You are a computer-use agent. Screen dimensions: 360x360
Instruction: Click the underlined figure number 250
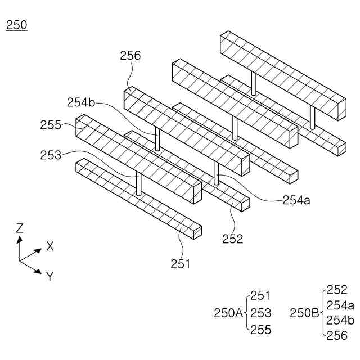click(x=16, y=25)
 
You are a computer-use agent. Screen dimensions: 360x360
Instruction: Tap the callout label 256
click(x=130, y=55)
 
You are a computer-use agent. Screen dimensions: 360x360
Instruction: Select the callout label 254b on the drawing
click(x=81, y=102)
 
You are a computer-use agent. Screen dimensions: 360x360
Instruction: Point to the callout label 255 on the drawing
click(x=51, y=125)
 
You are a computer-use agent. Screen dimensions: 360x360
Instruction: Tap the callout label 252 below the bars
click(x=232, y=238)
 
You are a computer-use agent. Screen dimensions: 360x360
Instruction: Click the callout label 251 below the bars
click(x=181, y=263)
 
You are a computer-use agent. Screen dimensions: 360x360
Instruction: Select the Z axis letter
click(x=20, y=228)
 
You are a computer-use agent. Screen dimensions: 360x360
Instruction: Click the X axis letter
click(x=50, y=246)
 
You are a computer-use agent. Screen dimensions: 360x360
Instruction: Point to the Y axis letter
click(x=50, y=276)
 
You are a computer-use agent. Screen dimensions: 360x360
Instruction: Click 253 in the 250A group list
click(x=261, y=313)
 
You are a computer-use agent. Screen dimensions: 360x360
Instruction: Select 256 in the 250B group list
click(x=337, y=336)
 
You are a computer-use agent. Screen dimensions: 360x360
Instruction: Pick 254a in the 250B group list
click(x=340, y=305)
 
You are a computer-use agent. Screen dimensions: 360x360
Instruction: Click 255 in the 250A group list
click(x=261, y=330)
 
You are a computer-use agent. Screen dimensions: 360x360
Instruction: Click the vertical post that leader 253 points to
click(x=139, y=183)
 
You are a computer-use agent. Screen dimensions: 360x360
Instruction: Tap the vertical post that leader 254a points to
click(x=215, y=172)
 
